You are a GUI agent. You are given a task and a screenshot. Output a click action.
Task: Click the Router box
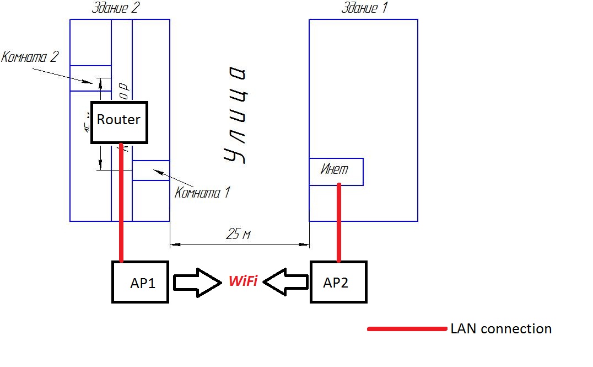click(x=119, y=122)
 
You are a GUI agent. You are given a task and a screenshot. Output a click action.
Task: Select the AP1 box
click(x=140, y=283)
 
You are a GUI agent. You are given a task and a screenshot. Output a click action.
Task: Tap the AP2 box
click(x=338, y=283)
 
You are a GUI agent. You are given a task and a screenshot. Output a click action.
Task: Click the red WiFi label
click(x=243, y=282)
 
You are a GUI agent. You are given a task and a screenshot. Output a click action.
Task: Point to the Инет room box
click(x=336, y=171)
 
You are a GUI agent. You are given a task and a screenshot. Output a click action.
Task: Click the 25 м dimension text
click(x=238, y=235)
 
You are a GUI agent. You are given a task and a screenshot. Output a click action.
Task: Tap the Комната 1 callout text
click(x=202, y=193)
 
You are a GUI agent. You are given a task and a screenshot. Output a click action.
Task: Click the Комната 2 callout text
click(x=30, y=57)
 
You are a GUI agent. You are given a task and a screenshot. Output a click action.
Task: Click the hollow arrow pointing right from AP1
click(x=197, y=282)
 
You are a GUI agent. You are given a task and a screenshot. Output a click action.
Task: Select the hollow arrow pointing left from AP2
click(x=285, y=282)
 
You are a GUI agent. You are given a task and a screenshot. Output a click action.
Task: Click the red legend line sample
click(x=407, y=329)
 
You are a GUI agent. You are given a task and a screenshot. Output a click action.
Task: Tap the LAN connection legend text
click(x=500, y=329)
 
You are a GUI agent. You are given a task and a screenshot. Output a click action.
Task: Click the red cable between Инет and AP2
click(x=338, y=224)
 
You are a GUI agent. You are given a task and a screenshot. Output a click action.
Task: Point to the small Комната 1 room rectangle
click(x=150, y=170)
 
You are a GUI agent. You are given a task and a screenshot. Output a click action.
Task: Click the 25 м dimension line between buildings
click(x=239, y=243)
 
